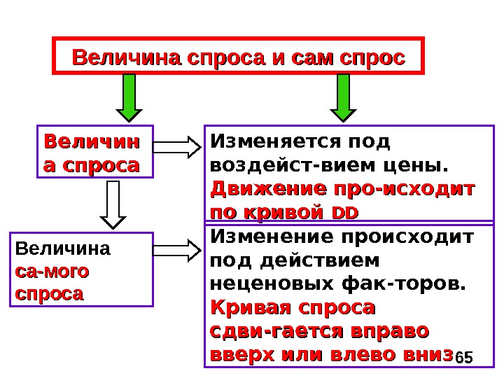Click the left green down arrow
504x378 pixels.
(129, 98)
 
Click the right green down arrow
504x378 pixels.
(344, 98)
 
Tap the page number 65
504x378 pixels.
(463, 358)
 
